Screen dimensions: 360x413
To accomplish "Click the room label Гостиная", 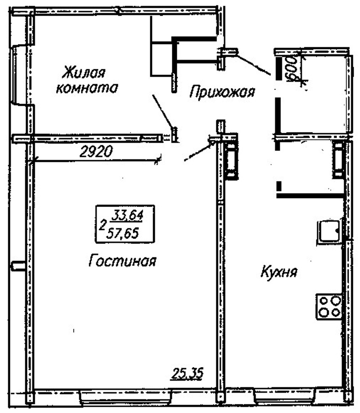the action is tap(122, 261).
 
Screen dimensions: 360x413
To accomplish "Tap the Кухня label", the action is tap(279, 272).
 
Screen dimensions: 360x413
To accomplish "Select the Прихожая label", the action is tap(222, 92).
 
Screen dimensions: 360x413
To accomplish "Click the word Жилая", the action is tap(84, 72).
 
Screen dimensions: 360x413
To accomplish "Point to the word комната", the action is tap(87, 88).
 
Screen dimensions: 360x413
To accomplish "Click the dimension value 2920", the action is tap(96, 152).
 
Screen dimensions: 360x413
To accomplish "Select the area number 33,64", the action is tap(127, 215).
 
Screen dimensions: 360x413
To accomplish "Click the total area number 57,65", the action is tap(122, 233).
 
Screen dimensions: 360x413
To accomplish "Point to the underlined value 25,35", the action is tap(187, 373).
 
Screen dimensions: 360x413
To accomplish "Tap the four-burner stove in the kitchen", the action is tap(329, 306).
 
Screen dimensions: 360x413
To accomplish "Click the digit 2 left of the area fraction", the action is tap(102, 225).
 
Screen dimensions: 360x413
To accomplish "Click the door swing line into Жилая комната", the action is tap(163, 112).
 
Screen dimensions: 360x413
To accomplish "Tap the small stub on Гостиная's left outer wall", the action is tap(18, 265).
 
